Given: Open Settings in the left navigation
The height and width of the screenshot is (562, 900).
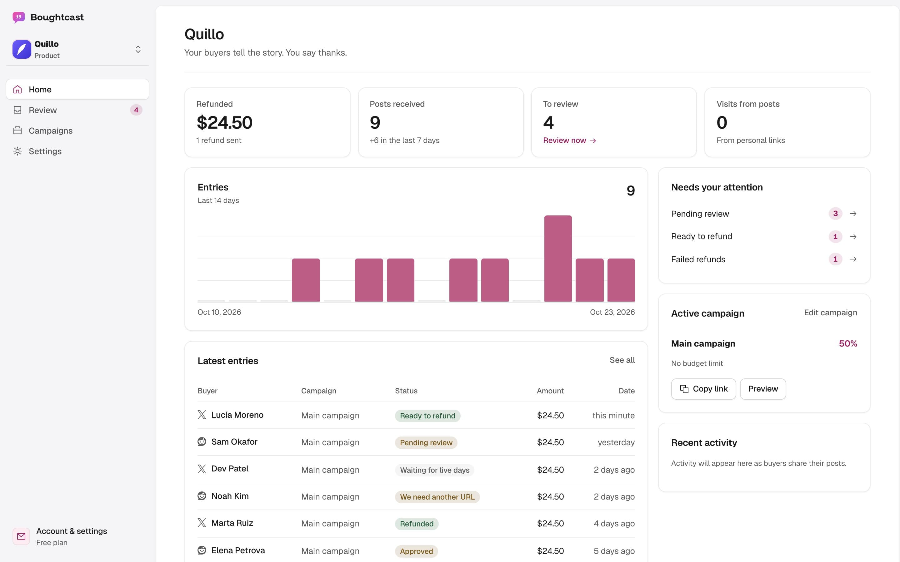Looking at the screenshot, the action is (x=45, y=151).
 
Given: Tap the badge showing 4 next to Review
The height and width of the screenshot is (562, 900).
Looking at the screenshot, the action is (x=136, y=110).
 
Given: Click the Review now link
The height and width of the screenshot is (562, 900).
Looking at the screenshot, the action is (x=569, y=140).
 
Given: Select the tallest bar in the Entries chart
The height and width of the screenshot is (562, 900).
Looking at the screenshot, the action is (x=558, y=258).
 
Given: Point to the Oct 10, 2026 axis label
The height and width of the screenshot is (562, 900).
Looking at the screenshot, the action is (x=219, y=312).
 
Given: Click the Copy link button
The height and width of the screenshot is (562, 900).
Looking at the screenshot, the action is (x=703, y=389).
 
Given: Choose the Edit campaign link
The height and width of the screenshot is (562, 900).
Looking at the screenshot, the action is (x=830, y=313).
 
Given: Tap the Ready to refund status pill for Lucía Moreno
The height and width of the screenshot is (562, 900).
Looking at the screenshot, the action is (x=427, y=416).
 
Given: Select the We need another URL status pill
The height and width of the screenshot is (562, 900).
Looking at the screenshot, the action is (x=437, y=497).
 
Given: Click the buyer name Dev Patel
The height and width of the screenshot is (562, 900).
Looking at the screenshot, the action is (x=230, y=469).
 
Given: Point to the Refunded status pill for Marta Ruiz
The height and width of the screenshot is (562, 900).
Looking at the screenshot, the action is (x=417, y=524).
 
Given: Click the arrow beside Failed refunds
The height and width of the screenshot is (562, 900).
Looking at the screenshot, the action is (x=853, y=259).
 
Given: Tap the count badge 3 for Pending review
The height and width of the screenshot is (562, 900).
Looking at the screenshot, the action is (x=835, y=213).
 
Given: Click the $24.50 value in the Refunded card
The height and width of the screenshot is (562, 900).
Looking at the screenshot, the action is (x=224, y=123).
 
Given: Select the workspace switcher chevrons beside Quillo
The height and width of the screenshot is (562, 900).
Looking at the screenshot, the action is (x=138, y=49).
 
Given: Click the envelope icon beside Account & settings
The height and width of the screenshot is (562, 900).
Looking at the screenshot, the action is (x=21, y=536).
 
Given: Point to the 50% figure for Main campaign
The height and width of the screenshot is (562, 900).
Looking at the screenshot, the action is (x=848, y=343).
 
